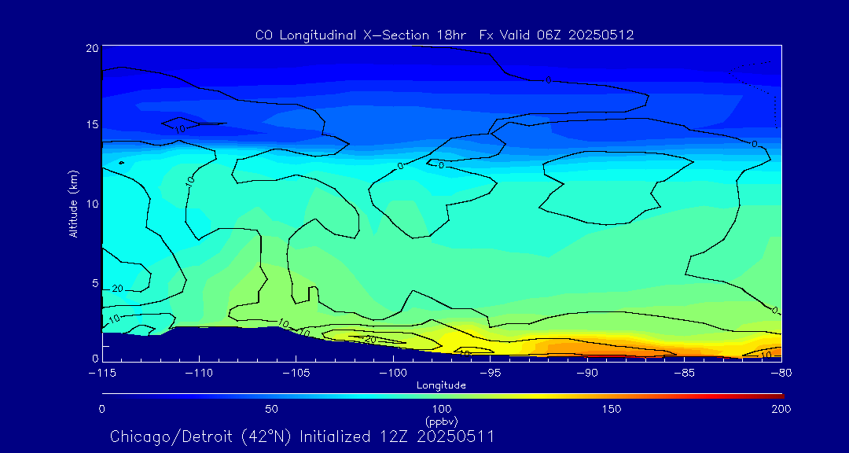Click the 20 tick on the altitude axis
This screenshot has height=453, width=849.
click(x=91, y=48)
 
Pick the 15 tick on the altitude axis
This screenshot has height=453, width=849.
click(x=91, y=126)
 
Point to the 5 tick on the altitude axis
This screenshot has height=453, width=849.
click(x=94, y=282)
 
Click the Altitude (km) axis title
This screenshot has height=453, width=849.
click(x=73, y=203)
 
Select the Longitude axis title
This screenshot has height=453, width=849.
click(x=441, y=385)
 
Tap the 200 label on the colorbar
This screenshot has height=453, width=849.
click(x=781, y=409)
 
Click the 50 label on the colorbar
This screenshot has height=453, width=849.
click(x=271, y=409)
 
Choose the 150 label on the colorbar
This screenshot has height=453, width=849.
click(x=611, y=409)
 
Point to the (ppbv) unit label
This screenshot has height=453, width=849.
click(x=441, y=422)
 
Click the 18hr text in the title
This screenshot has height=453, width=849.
click(x=451, y=35)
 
